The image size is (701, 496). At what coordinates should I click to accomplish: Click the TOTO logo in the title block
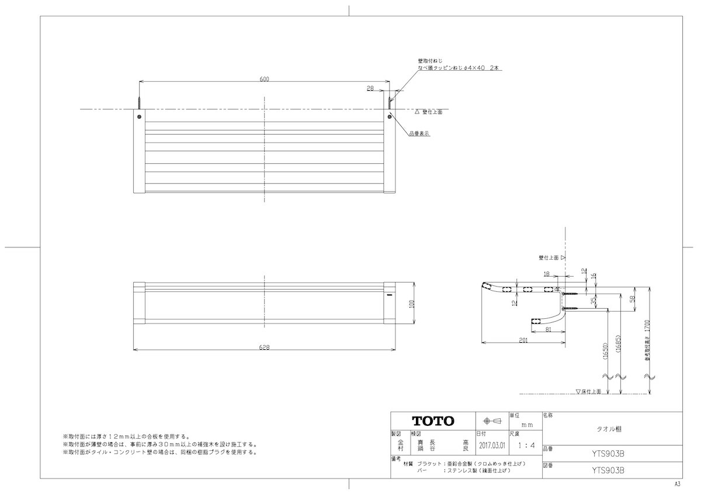pyautogui.click(x=432, y=421)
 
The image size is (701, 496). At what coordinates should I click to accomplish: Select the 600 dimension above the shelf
pyautogui.click(x=264, y=80)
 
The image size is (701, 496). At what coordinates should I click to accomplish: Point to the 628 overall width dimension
pyautogui.click(x=264, y=346)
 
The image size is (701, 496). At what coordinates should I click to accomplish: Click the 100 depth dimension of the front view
pyautogui.click(x=411, y=304)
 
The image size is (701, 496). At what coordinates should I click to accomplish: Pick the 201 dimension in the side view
pyautogui.click(x=523, y=339)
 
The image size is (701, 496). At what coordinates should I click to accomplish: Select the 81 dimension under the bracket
pyautogui.click(x=549, y=329)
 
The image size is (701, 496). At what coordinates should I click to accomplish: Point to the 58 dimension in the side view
pyautogui.click(x=632, y=298)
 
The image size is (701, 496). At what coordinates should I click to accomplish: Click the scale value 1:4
pyautogui.click(x=526, y=445)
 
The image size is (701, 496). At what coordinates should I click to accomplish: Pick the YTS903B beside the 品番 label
pyautogui.click(x=608, y=452)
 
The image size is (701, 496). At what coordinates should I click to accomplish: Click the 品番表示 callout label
pyautogui.click(x=419, y=133)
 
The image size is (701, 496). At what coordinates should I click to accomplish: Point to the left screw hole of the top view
pyautogui.click(x=139, y=117)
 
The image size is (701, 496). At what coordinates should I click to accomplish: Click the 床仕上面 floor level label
pyautogui.click(x=590, y=391)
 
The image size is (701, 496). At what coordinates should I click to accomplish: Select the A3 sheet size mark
pyautogui.click(x=677, y=485)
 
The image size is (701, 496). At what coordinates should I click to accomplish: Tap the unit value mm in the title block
pyautogui.click(x=526, y=425)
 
